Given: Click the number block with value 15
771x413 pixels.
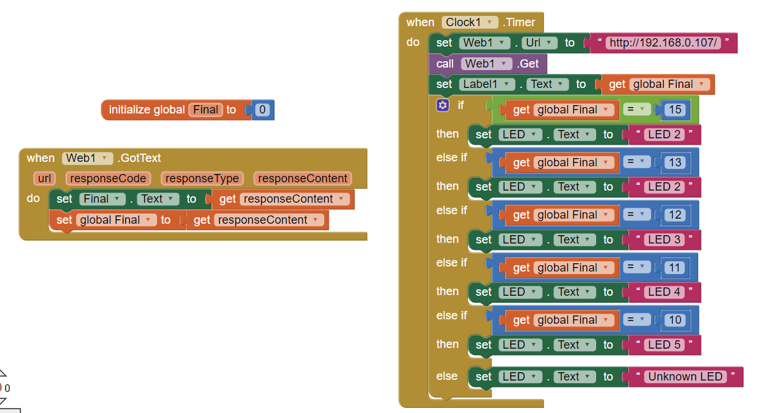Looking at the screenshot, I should point(675,110).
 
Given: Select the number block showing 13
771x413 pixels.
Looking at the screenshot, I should point(675,163).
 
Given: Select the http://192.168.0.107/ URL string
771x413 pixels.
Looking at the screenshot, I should point(663,43).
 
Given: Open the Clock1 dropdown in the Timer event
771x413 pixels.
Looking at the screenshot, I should point(470,22).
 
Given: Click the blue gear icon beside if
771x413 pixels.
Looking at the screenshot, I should point(443,105).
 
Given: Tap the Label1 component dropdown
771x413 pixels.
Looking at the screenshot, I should point(488,84).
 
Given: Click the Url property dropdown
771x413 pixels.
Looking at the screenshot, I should point(539,43).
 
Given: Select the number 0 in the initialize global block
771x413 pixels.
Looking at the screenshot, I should point(262,110).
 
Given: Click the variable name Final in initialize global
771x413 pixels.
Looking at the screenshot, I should point(206,110).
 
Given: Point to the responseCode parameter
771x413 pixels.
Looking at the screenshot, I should point(109,178).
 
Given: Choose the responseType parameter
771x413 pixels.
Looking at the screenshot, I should point(202,178).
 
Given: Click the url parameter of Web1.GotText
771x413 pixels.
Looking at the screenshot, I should point(45,178).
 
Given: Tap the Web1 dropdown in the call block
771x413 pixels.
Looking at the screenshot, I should point(487,64).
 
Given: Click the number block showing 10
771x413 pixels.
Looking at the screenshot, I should point(675,320).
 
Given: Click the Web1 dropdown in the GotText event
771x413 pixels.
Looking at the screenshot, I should point(87,158).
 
